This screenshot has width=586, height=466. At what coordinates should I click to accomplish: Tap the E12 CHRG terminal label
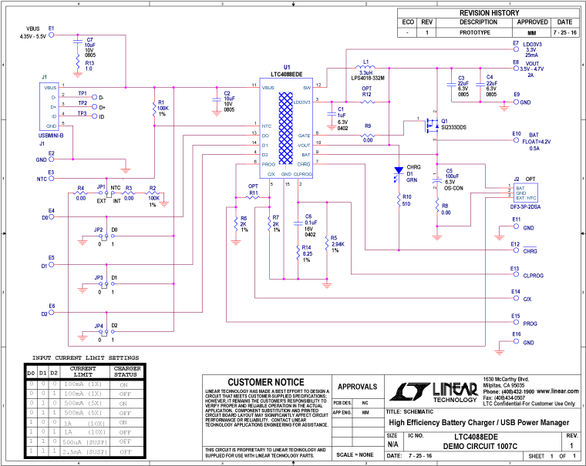click(530, 251)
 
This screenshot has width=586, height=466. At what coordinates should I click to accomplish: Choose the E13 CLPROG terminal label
click(534, 275)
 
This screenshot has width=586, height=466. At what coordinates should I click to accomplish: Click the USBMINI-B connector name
click(50, 136)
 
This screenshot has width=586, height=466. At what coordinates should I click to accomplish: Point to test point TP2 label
click(82, 102)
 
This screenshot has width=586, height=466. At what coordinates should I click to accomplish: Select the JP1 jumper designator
click(100, 186)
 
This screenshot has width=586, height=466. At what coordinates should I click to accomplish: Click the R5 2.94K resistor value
click(337, 244)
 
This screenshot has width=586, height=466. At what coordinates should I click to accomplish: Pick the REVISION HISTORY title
click(490, 13)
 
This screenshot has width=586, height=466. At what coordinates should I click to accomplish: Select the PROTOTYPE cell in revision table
click(480, 34)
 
